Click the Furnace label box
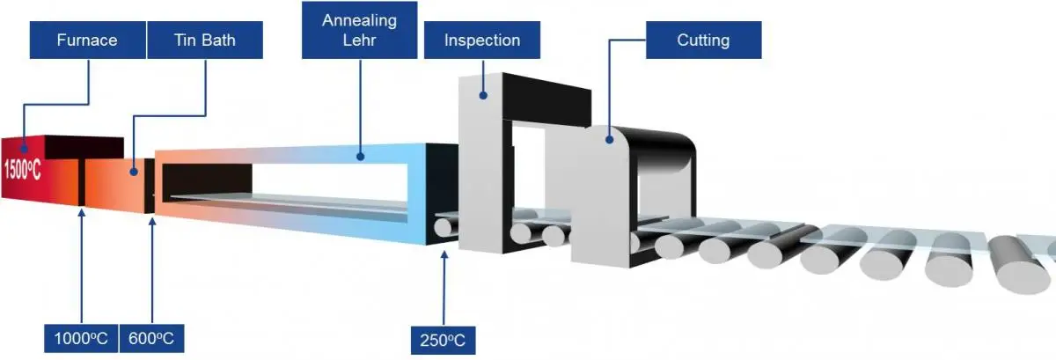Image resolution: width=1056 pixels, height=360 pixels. tap(86, 40)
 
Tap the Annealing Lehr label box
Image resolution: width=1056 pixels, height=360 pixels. tap(358, 32)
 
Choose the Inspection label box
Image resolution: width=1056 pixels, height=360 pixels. tap(481, 40)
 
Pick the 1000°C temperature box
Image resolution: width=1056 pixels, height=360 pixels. tap(80, 338)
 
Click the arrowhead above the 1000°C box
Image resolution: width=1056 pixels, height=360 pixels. tap(80, 212)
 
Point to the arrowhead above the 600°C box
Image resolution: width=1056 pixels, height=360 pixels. tap(153, 222)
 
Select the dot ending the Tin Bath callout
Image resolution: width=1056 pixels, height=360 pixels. tap(133, 171)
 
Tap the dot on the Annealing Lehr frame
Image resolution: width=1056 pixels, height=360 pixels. tap(359, 157)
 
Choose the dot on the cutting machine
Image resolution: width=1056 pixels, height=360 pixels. tap(609, 138)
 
